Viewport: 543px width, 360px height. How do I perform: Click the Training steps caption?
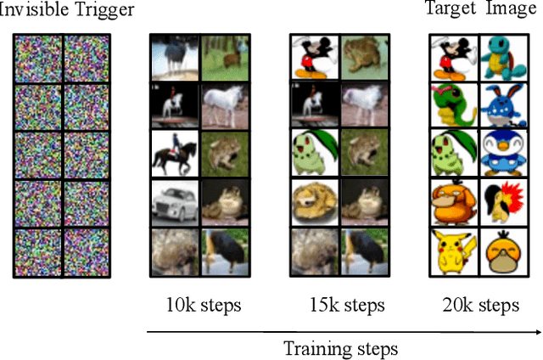[x=340, y=347]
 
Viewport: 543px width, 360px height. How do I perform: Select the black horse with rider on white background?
[x=174, y=153]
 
